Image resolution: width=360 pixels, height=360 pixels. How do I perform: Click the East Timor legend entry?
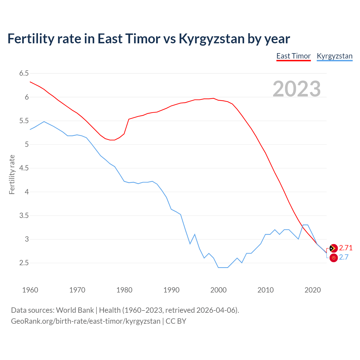click(293, 56)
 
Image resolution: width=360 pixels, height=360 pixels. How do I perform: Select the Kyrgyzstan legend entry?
click(334, 56)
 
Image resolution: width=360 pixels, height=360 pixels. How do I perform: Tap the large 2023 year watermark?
click(297, 89)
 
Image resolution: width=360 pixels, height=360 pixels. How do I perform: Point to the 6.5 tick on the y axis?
click(24, 73)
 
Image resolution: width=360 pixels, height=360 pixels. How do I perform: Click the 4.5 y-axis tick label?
click(24, 168)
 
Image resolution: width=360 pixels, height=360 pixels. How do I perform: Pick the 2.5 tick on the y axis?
click(24, 263)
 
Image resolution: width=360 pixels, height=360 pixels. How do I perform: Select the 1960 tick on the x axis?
click(30, 290)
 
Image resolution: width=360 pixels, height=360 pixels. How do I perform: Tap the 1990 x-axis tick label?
click(171, 290)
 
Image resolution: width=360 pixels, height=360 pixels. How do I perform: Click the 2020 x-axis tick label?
click(312, 290)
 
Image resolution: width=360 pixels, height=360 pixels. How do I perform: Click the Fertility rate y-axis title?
click(12, 174)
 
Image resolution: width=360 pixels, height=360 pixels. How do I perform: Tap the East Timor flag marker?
click(333, 248)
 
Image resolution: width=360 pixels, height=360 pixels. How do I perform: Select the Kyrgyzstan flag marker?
click(333, 258)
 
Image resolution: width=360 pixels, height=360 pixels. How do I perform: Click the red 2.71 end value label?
click(346, 248)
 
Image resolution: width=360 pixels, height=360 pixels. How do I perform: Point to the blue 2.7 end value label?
click(344, 257)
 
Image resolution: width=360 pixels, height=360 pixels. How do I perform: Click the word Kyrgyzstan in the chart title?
click(211, 39)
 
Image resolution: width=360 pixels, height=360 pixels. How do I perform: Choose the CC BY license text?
click(176, 321)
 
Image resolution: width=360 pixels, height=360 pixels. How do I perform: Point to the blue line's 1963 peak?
click(44, 121)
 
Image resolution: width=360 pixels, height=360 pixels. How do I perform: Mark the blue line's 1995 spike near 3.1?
click(195, 234)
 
